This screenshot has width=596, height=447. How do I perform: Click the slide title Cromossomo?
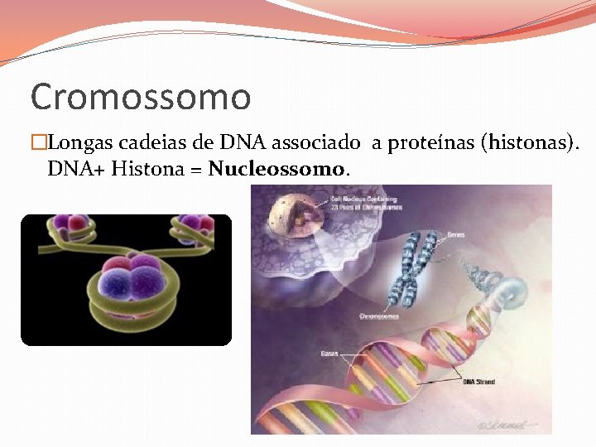pyautogui.click(x=141, y=96)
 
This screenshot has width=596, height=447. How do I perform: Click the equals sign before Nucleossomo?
pyautogui.click(x=197, y=170)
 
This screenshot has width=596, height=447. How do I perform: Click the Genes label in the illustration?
pyautogui.click(x=454, y=235)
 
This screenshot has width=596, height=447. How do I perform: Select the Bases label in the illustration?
pyautogui.click(x=329, y=354)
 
